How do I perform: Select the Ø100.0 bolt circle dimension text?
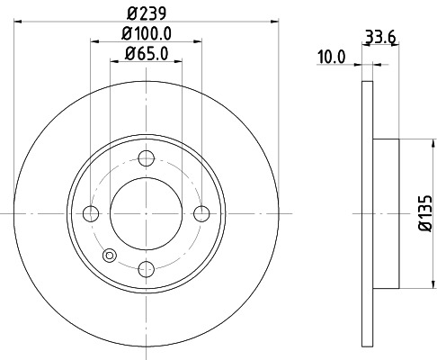(x=146, y=34)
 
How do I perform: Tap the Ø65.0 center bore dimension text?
(x=146, y=54)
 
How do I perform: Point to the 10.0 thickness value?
(x=331, y=56)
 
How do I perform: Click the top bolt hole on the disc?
(x=146, y=158)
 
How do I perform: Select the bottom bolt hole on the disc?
(x=146, y=267)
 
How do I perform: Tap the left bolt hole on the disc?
(x=91, y=213)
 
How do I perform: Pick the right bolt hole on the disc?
(x=201, y=213)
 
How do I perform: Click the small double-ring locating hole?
(x=110, y=255)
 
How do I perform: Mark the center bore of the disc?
(x=146, y=213)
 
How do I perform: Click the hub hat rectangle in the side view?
(x=386, y=213)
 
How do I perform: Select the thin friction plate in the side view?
(x=367, y=213)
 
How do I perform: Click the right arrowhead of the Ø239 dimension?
(x=274, y=22)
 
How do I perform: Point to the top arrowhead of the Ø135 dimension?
(x=415, y=142)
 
